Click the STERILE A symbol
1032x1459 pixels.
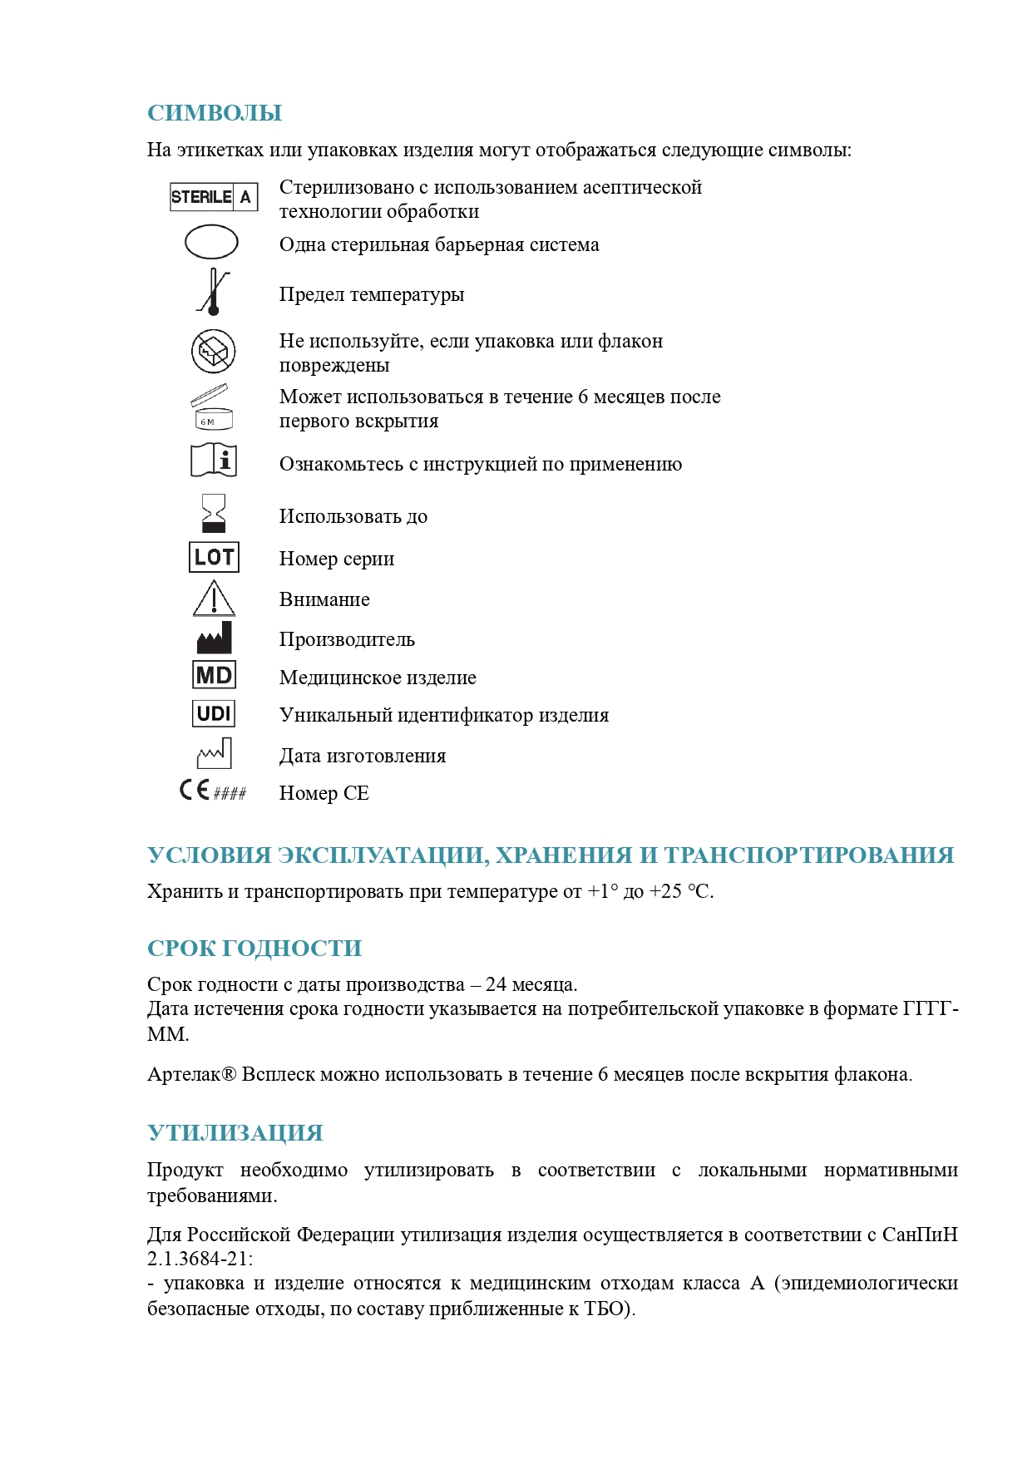pos(214,197)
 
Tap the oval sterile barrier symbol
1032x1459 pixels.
pos(211,243)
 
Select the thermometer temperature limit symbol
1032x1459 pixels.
pos(213,292)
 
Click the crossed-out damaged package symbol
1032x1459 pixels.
pos(214,352)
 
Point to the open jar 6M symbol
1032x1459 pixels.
pos(213,407)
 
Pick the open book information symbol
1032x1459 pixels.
pos(214,460)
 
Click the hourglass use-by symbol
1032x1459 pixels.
pos(214,514)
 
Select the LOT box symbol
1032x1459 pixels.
pos(214,557)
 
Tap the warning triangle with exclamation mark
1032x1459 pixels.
pos(214,599)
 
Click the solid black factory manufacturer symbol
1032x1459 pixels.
pos(214,638)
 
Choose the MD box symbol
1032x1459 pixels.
pos(214,675)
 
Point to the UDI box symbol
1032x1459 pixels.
pos(214,713)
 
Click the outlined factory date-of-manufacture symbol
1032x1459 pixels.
pos(214,753)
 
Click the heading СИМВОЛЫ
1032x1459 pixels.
pos(215,113)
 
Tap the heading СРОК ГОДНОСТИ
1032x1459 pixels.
pos(254,949)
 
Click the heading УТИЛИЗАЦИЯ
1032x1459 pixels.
pos(235,1133)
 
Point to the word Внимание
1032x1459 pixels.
pos(324,599)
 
